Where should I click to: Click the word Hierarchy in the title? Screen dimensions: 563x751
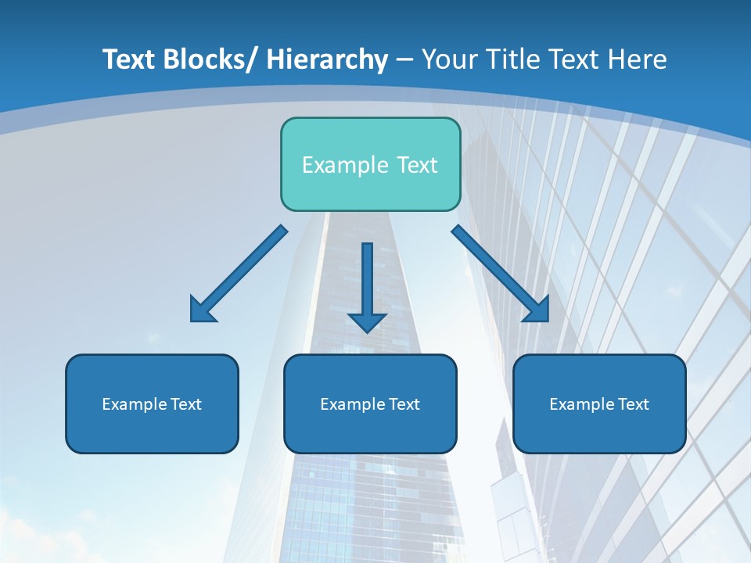point(327,59)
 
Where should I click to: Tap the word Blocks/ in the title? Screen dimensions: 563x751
point(210,59)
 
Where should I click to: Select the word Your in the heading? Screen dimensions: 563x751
point(447,59)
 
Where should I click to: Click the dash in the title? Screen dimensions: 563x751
point(404,60)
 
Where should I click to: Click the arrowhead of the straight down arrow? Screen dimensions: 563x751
point(368,321)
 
